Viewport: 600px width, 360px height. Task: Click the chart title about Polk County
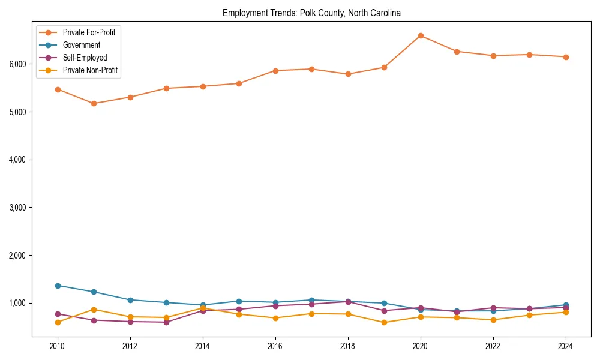click(x=311, y=13)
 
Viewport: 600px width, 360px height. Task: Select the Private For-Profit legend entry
click(x=89, y=32)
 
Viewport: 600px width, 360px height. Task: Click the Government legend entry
click(x=81, y=45)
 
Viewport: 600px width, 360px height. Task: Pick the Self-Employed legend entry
click(x=85, y=58)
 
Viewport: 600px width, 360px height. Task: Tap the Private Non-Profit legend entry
click(x=90, y=70)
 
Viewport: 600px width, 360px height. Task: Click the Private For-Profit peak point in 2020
click(x=421, y=36)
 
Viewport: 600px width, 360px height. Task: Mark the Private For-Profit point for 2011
click(x=94, y=104)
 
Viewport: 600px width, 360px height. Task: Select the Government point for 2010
click(x=58, y=286)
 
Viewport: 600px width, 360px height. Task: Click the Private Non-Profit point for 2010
click(x=58, y=322)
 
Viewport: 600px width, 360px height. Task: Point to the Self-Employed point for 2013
click(x=166, y=322)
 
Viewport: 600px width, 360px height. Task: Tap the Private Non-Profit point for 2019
click(x=384, y=323)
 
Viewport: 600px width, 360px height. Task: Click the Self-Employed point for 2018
click(x=348, y=302)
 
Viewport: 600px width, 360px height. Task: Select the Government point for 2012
click(x=130, y=300)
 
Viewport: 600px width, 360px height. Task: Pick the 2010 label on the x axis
click(x=58, y=346)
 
